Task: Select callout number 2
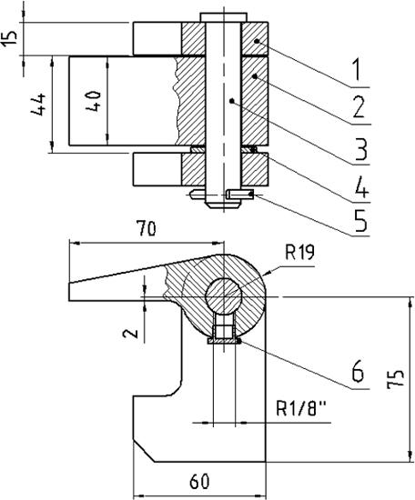(x=359, y=107)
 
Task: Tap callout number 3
(x=360, y=148)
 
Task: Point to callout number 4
(x=361, y=187)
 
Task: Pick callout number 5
(x=360, y=220)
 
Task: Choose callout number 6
(x=358, y=371)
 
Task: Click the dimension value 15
(x=9, y=39)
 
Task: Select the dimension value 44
(x=38, y=105)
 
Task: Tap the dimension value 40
(x=93, y=100)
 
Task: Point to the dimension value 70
(x=147, y=228)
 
